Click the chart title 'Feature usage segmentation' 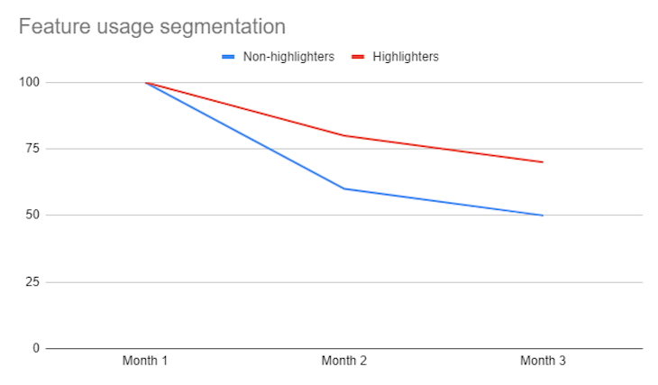tap(152, 27)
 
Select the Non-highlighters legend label tap(289, 57)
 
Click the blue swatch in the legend tap(229, 57)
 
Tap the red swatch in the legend tap(356, 57)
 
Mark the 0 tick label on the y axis tap(36, 348)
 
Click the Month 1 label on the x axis tap(145, 362)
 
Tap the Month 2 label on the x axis tap(343, 362)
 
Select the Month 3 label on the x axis tap(543, 362)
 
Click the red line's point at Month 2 tap(343, 135)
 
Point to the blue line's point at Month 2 tap(343, 188)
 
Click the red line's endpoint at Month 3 tap(543, 162)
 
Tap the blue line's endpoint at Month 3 tap(543, 215)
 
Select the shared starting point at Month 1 tap(145, 82)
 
